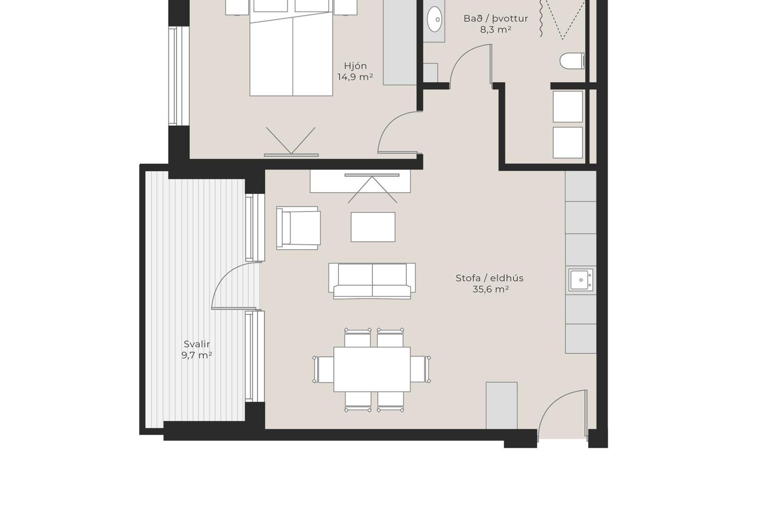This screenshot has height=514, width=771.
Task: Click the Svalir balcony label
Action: pyautogui.click(x=197, y=344)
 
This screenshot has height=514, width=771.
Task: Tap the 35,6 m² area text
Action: pyautogui.click(x=491, y=289)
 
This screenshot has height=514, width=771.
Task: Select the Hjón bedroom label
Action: pyautogui.click(x=355, y=66)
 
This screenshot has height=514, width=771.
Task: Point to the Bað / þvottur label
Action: pyautogui.click(x=496, y=18)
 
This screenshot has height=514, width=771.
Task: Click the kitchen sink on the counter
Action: pyautogui.click(x=581, y=279)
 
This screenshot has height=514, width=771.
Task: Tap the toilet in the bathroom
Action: pyautogui.click(x=572, y=61)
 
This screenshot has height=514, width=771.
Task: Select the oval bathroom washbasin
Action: pyautogui.click(x=434, y=19)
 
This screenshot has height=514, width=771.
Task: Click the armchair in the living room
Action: pyautogui.click(x=298, y=228)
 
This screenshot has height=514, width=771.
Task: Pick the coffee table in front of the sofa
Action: pyautogui.click(x=373, y=227)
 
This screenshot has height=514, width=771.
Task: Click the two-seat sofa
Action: pyautogui.click(x=372, y=281)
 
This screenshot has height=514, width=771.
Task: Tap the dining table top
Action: pyautogui.click(x=372, y=369)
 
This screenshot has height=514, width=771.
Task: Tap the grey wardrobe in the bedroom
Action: pyautogui.click(x=400, y=42)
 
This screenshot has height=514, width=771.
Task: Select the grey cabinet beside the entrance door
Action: pyautogui.click(x=502, y=406)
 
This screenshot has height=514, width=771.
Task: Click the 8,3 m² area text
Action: pyautogui.click(x=496, y=30)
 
